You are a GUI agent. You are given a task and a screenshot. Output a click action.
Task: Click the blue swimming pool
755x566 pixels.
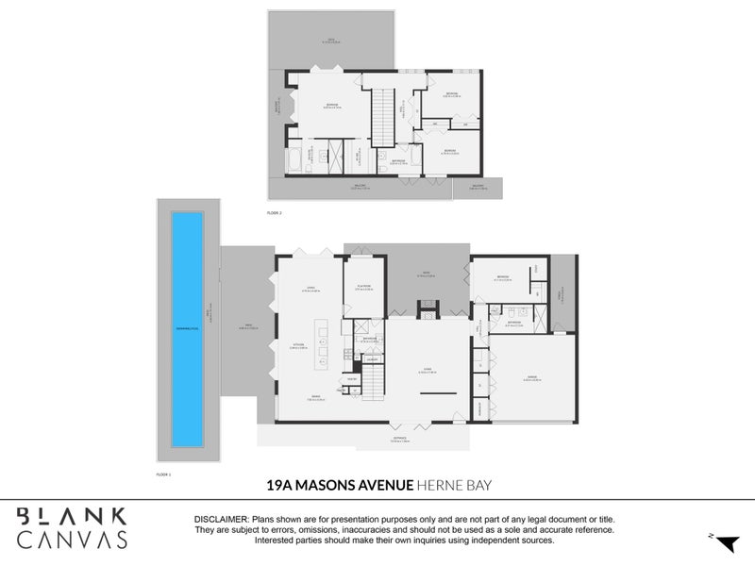coord(187,327)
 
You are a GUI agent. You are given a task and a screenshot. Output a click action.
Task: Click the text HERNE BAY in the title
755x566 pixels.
coord(456,485)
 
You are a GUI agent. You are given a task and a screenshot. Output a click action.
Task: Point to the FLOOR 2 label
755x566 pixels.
coord(275,214)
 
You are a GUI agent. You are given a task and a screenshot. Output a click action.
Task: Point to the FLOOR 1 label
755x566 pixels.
coord(164,474)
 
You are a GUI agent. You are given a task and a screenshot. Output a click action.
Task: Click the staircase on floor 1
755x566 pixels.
coord(375,381)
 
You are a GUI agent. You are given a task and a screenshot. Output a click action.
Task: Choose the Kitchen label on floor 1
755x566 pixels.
coord(295,345)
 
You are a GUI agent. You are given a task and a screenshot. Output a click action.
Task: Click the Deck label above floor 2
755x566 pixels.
coord(328,42)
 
